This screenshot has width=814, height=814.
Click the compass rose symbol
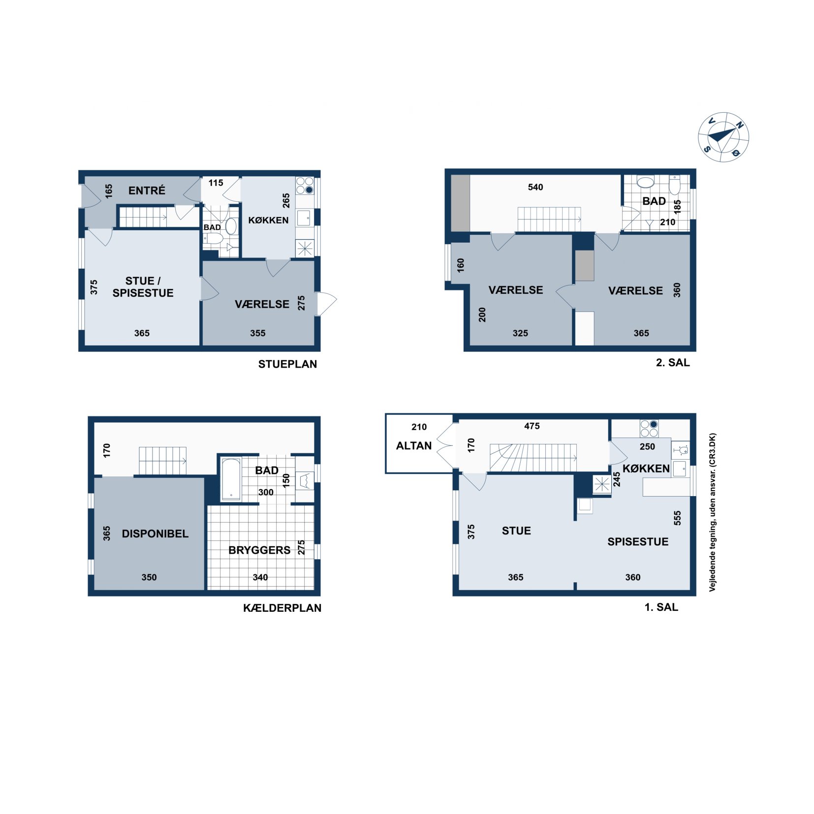[x=723, y=137]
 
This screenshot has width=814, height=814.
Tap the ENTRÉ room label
[x=147, y=190]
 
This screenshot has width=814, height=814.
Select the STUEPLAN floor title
[x=287, y=364]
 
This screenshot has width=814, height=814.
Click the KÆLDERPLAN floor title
[x=282, y=608]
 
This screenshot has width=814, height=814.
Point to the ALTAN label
[x=414, y=445]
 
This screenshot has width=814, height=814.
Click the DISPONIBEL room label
[x=155, y=533]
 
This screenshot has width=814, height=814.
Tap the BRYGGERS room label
[x=259, y=550]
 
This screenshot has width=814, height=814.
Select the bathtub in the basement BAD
[x=231, y=479]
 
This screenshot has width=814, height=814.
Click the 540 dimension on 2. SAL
[x=535, y=187]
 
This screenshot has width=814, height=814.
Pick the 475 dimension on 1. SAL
[x=532, y=426]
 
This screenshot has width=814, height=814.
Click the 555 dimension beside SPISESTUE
[x=677, y=518]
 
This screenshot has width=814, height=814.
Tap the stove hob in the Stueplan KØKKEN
[x=305, y=186]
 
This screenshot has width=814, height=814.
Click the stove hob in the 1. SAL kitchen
[x=649, y=429]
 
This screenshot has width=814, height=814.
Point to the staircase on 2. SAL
[x=549, y=219]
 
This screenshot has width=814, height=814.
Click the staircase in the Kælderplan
[x=163, y=461]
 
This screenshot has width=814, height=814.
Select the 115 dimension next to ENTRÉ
[x=216, y=183]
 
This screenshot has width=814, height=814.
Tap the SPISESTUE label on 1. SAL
[x=638, y=541]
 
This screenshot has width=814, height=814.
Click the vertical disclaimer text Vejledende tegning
[x=712, y=512]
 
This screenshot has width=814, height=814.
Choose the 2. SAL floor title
[x=673, y=363]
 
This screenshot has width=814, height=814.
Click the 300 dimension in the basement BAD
[x=266, y=492]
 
